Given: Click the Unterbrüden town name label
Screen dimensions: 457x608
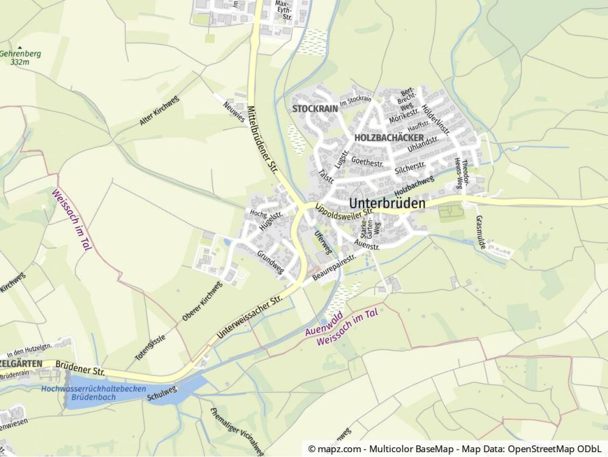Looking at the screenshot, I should [387, 204].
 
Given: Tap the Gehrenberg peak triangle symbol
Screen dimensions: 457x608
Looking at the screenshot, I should [20, 47].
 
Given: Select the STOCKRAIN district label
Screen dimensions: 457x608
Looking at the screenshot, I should [314, 108].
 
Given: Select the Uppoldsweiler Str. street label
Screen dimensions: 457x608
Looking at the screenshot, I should [344, 214].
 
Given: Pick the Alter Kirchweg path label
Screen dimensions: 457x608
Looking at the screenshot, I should [159, 111].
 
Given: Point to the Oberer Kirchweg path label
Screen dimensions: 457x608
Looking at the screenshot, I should [202, 301].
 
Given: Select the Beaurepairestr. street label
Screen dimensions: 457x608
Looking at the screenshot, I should [334, 268].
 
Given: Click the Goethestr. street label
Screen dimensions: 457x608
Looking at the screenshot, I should [367, 163].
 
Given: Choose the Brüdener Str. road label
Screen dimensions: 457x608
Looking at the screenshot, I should [80, 370].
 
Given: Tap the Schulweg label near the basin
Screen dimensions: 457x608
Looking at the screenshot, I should [161, 392].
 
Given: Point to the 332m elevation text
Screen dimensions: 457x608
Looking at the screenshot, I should [20, 62].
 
